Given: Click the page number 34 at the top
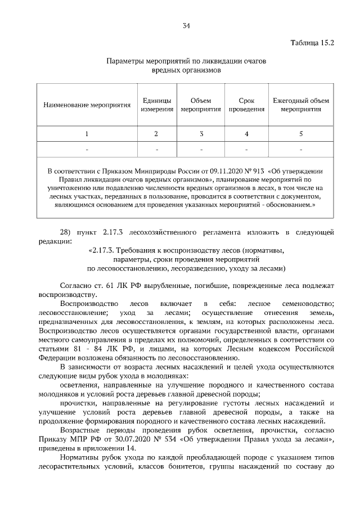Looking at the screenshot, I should [x=186, y=25].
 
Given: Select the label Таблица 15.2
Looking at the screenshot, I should [x=312, y=43].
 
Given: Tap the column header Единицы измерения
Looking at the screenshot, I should [x=156, y=105].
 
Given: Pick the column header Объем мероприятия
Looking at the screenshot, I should [x=201, y=105].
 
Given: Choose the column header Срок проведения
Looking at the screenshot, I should [x=246, y=105].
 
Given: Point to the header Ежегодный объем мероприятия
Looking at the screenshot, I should [x=301, y=105].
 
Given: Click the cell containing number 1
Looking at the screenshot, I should [x=87, y=134].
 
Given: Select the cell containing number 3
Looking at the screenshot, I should [x=201, y=134].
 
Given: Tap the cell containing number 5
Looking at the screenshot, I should [x=301, y=134].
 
